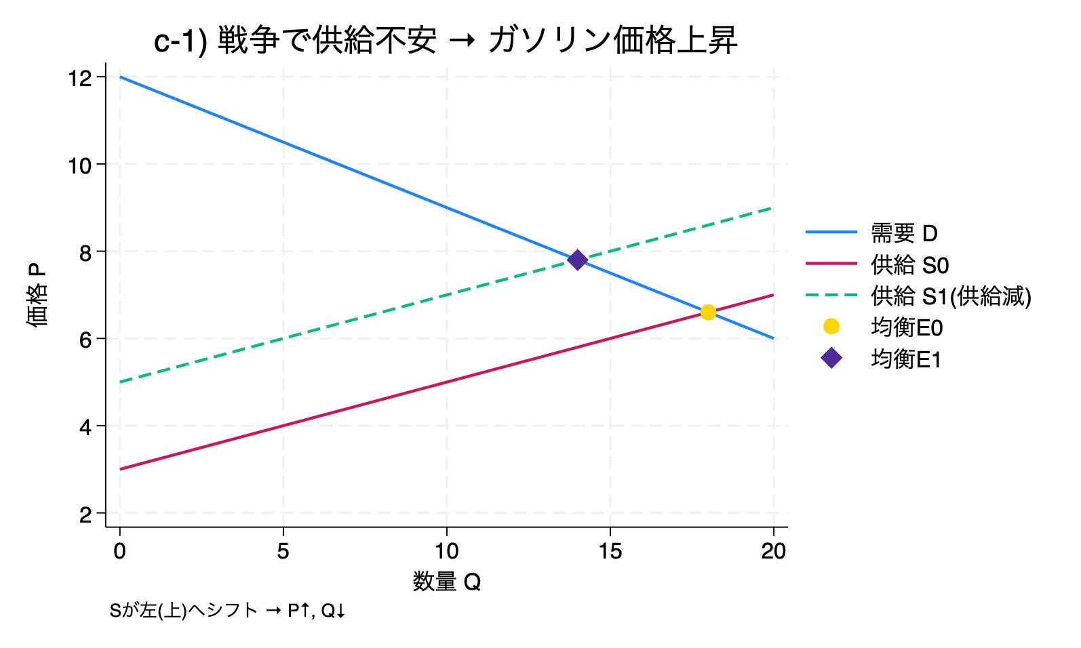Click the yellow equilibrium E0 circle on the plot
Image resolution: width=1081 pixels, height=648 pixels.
(x=708, y=312)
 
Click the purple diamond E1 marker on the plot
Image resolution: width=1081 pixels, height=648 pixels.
(x=577, y=260)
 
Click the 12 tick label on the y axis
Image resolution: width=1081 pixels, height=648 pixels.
(x=80, y=78)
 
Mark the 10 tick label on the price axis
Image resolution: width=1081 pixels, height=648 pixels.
(x=80, y=165)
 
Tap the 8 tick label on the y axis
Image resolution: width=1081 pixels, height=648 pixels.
(x=85, y=253)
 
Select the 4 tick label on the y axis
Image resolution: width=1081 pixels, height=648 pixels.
(x=85, y=427)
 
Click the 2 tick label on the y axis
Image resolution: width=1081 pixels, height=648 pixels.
(x=85, y=514)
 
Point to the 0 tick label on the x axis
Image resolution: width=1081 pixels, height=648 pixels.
(x=120, y=551)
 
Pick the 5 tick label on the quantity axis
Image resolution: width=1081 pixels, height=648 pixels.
(x=283, y=551)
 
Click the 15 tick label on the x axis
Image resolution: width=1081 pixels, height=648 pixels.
(x=610, y=551)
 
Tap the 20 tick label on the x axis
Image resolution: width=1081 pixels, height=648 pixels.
(x=773, y=551)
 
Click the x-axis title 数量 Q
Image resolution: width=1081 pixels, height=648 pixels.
(x=446, y=582)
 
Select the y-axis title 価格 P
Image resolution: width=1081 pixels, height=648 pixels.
(x=37, y=296)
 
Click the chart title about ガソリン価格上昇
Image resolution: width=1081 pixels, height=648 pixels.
(x=446, y=41)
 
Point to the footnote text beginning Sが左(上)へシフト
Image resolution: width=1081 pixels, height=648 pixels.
(x=228, y=611)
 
